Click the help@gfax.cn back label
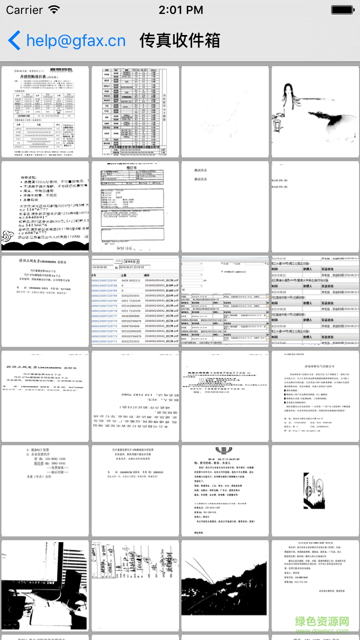[76, 41]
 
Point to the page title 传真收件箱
[180, 41]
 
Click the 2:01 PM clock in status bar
[180, 10]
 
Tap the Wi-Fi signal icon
[54, 10]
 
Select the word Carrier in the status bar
[24, 10]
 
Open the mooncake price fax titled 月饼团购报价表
[45, 111]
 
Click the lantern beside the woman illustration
[279, 126]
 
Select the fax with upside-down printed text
[135, 396]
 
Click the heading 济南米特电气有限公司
[315, 366]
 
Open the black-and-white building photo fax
[45, 585]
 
